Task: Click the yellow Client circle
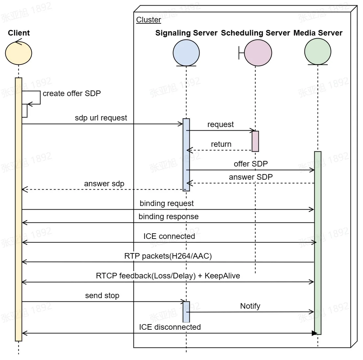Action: click(19, 53)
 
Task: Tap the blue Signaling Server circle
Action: click(186, 53)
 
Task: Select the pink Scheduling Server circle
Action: click(258, 53)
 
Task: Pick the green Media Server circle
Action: click(318, 52)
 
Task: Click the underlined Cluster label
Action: click(149, 20)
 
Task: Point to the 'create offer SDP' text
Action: click(72, 93)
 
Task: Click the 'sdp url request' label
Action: click(101, 118)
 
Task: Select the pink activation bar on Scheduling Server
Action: click(255, 141)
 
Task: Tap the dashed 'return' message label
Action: click(221, 144)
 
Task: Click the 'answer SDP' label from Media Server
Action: click(251, 177)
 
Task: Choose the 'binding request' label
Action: click(167, 203)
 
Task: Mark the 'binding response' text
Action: click(168, 217)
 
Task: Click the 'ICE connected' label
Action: click(169, 236)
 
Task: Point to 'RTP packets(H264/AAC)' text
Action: click(168, 256)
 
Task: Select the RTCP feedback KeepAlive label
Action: click(168, 276)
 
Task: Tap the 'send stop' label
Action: click(102, 296)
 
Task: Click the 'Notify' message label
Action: click(250, 306)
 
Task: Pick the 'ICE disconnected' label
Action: click(170, 327)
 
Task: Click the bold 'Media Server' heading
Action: click(318, 33)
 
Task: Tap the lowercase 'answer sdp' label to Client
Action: click(104, 184)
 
